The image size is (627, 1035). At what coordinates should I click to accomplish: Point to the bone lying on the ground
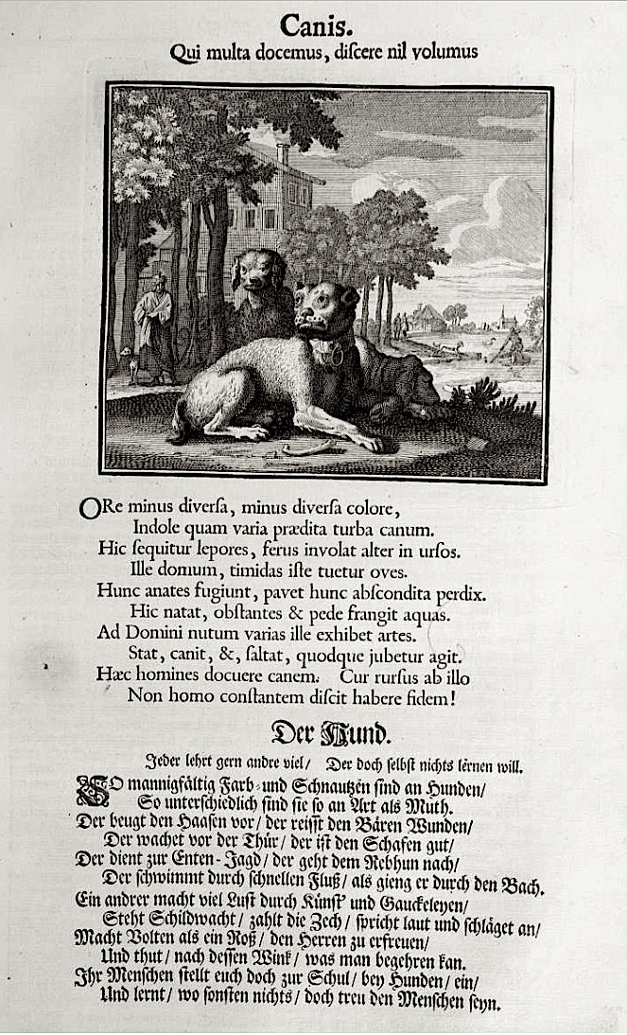pyautogui.click(x=308, y=447)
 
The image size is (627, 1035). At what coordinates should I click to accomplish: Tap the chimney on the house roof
pyautogui.click(x=283, y=154)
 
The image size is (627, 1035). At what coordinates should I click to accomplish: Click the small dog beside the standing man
pyautogui.click(x=127, y=362)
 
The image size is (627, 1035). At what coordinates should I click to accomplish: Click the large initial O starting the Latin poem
pyautogui.click(x=89, y=508)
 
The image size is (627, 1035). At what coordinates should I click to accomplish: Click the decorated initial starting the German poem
pyautogui.click(x=92, y=788)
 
